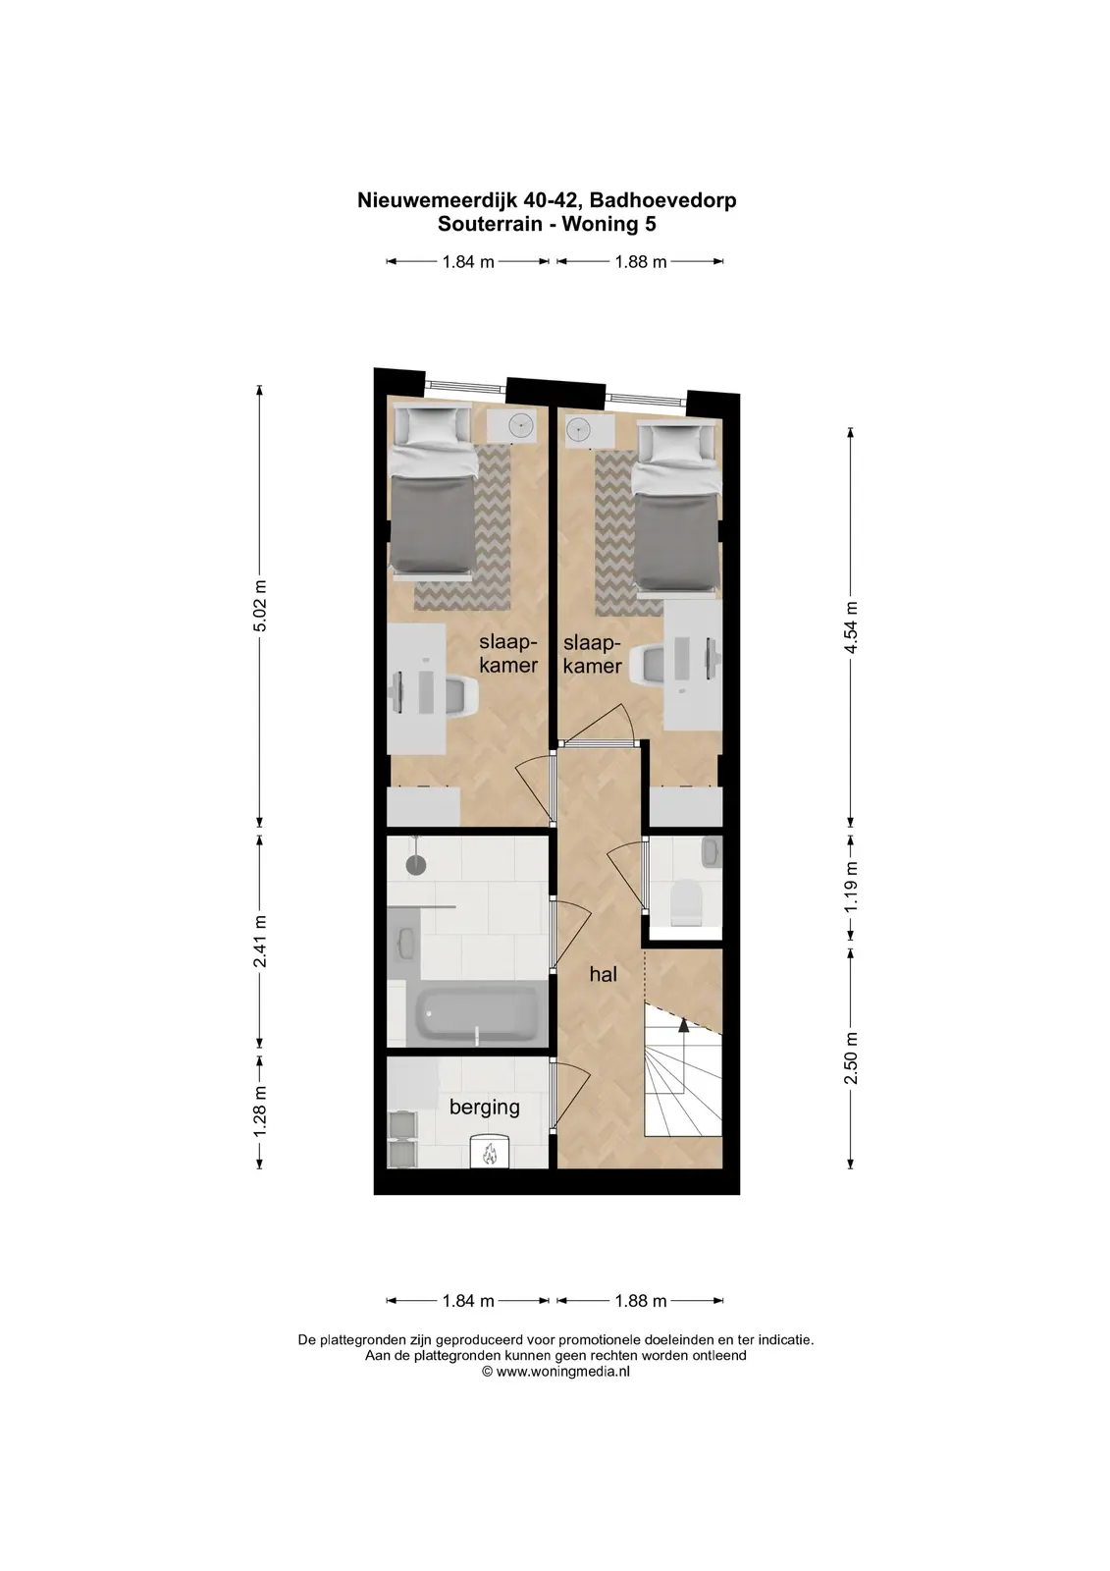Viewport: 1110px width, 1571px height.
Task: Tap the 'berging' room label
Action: point(485,1108)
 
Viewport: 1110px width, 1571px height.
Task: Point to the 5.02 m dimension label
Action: point(259,606)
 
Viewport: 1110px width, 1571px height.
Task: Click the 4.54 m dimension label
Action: point(851,627)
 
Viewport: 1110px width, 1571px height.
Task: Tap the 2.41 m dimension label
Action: point(259,942)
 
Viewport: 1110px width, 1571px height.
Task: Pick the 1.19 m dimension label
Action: point(851,888)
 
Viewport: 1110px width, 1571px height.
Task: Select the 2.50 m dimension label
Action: point(851,1057)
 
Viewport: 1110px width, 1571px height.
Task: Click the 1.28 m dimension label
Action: point(259,1111)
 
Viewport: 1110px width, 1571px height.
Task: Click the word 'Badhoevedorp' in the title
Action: point(662,200)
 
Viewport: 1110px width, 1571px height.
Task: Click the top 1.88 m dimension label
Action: point(640,262)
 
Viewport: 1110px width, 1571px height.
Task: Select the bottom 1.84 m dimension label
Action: point(468,1301)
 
